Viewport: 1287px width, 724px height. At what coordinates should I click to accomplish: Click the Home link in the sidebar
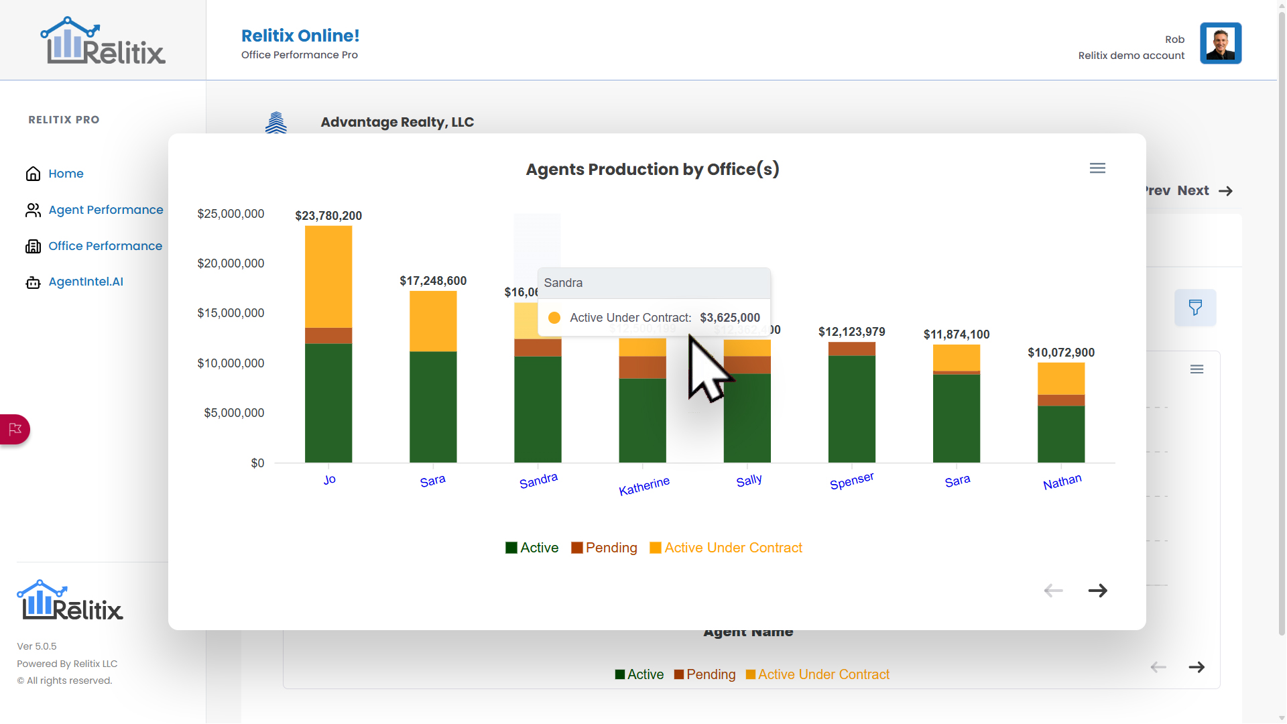[x=65, y=174]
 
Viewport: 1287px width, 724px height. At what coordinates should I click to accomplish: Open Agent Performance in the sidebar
[x=105, y=210]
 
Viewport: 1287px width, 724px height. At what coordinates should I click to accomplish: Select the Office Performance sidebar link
[x=105, y=246]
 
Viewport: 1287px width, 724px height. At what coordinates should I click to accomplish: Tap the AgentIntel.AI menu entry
[x=85, y=282]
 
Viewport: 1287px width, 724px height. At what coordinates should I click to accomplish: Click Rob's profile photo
[x=1220, y=44]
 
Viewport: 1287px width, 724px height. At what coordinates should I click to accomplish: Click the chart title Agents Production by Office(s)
[x=652, y=170]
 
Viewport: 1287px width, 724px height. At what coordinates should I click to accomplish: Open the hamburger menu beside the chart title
[x=1097, y=168]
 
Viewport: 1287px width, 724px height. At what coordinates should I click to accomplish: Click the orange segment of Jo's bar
[x=328, y=276]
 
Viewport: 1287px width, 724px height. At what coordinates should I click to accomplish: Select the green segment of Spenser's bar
[x=851, y=409]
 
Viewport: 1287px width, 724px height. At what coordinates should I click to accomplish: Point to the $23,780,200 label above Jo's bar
[x=328, y=216]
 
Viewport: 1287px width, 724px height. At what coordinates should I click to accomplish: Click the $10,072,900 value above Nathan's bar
[x=1060, y=353]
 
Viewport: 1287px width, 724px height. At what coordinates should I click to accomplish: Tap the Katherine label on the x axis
[x=643, y=486]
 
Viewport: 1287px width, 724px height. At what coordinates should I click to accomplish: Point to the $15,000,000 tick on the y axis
[x=231, y=313]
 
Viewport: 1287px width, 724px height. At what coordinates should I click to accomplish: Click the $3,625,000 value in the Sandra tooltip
[x=729, y=318]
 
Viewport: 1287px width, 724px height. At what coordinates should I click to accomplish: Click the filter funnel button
[x=1194, y=308]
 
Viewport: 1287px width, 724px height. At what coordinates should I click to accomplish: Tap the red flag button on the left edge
[x=15, y=429]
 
